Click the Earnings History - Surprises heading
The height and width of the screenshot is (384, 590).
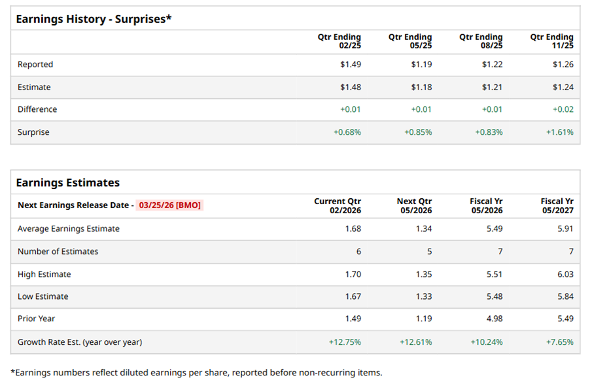tap(94, 19)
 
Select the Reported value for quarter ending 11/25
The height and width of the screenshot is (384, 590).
tap(563, 64)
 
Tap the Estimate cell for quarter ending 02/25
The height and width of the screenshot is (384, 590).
tap(350, 87)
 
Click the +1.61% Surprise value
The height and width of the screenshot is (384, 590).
tap(560, 132)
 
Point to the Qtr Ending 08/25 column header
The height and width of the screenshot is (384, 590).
tap(481, 41)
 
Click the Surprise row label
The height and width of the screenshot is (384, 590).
tap(33, 132)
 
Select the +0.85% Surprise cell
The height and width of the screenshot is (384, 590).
tap(419, 132)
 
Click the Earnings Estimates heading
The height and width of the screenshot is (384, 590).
tap(68, 183)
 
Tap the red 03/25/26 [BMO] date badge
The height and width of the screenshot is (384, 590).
tap(169, 205)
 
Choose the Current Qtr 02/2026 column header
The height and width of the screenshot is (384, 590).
tap(338, 205)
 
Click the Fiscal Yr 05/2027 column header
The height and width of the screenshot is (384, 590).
tap(557, 205)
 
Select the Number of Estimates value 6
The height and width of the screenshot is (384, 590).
tap(358, 251)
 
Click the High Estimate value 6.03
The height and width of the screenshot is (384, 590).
tap(564, 274)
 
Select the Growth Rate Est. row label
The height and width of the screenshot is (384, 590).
tap(79, 341)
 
